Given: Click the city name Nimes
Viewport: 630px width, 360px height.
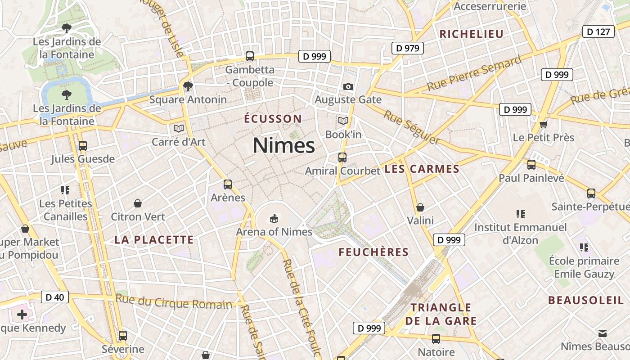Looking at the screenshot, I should pos(283,145).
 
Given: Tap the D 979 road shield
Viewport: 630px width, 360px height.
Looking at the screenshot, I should pos(408,48).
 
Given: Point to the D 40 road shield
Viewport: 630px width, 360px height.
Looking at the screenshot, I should pos(55,297).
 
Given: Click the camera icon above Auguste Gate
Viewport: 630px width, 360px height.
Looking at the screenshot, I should pos(348,86).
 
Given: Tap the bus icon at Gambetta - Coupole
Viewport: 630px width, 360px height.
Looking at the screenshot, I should pos(250,56).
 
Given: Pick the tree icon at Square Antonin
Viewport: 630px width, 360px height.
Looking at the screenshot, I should pos(188,86).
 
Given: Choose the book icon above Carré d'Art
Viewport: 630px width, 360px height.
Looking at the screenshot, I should pos(179,129).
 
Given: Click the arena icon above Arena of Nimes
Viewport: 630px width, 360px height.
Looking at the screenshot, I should pos(274,218).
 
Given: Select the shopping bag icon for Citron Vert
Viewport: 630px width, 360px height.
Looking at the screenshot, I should pos(138,203).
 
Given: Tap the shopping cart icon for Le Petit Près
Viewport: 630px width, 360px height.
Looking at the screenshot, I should pos(544,124).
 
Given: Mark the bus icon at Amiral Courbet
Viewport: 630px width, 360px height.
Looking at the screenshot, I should pos(342,157).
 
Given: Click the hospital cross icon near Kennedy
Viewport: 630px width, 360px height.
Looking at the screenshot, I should pos(22,314).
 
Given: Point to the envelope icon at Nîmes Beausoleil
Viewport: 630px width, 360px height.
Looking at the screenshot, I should pos(602,333).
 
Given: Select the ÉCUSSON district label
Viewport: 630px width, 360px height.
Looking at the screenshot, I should pos(273,119).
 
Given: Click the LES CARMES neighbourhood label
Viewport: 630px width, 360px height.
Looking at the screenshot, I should pos(422,169).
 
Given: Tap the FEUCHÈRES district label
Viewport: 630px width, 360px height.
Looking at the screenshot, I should pos(373,252).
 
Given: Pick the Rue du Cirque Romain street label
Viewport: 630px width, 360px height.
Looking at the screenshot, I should pos(174,302).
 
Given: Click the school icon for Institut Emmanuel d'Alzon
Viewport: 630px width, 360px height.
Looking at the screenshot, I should pos(521,214).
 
